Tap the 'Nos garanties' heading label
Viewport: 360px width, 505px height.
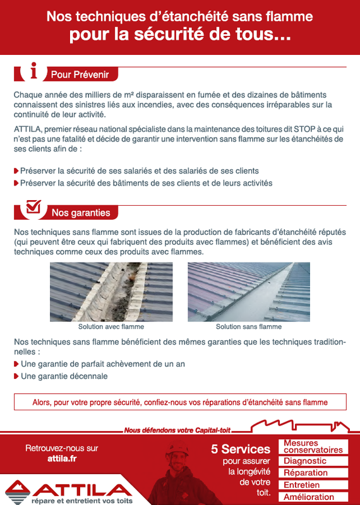point(81,213)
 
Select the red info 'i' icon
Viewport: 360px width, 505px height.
point(33,72)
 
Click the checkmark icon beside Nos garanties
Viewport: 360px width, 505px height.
point(33,207)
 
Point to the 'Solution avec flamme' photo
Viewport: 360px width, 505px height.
point(111,292)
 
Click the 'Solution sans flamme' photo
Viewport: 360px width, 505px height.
point(248,292)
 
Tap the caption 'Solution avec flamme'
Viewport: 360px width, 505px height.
point(111,327)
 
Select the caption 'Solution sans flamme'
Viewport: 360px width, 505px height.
point(249,327)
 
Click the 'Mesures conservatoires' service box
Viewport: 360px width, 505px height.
point(313,447)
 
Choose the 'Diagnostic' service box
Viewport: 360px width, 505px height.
point(313,461)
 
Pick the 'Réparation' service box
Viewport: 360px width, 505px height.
point(313,473)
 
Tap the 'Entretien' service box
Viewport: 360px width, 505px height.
point(313,485)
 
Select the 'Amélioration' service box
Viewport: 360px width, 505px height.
point(313,497)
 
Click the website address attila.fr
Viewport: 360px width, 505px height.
point(62,459)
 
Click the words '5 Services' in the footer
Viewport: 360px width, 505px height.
point(240,449)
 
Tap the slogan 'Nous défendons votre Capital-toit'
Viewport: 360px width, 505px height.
point(177,431)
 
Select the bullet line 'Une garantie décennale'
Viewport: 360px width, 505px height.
point(64,376)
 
